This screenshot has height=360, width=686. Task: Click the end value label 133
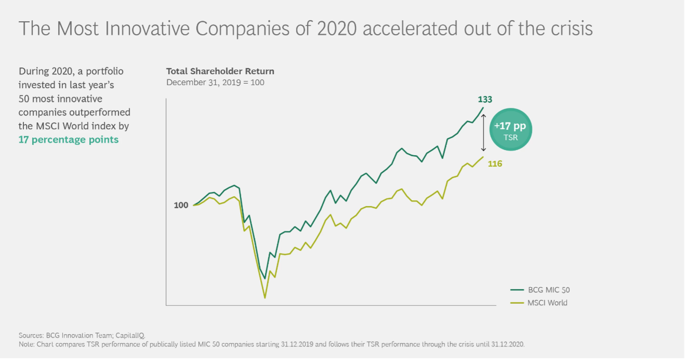(485, 100)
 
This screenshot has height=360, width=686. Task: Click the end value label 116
(495, 164)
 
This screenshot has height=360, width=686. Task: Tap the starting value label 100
(181, 205)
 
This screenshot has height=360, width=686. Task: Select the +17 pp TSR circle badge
(510, 130)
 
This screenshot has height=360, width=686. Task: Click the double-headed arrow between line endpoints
(483, 133)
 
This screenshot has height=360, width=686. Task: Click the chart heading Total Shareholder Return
(220, 71)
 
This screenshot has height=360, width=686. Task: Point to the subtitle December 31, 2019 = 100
(215, 82)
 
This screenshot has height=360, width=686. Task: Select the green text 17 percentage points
(68, 140)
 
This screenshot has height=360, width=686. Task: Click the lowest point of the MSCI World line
(265, 298)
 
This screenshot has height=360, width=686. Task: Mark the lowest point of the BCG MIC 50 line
(265, 278)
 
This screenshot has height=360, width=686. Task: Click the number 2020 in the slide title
(337, 29)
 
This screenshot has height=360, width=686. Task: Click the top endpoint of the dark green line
(483, 108)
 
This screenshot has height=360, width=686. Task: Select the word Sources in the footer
(31, 335)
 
